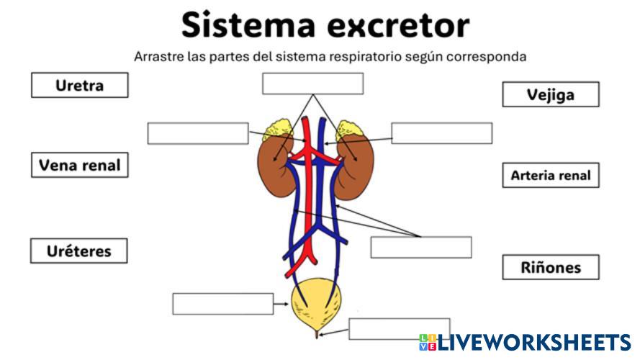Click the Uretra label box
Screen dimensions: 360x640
79,86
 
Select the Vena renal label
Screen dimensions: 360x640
79,166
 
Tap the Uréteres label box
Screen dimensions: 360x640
79,251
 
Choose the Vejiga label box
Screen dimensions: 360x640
550,94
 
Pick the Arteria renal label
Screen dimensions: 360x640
550,175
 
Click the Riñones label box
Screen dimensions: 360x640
550,268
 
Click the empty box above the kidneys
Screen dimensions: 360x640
312,84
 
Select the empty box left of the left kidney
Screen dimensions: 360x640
197,133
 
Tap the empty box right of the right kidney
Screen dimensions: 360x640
441,133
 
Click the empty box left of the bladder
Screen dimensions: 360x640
222,304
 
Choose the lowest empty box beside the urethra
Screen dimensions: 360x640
399,328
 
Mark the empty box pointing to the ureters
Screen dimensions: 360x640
420,247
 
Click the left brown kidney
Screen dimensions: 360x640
271,167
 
